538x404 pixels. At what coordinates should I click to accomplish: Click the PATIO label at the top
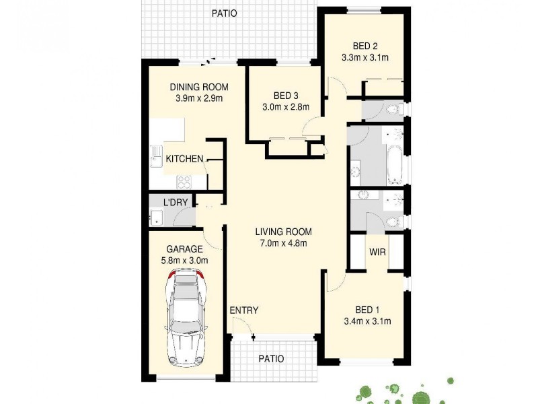[224, 13]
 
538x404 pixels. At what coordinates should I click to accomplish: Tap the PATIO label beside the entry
[272, 359]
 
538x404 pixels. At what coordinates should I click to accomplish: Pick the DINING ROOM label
[198, 87]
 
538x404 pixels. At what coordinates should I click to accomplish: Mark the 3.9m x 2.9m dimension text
[198, 98]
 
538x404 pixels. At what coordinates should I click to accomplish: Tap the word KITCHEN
[184, 159]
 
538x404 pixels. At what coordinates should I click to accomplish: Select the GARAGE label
[184, 249]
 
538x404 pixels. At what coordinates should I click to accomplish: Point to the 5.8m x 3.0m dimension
[184, 261]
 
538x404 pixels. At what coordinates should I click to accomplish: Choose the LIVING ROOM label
[283, 232]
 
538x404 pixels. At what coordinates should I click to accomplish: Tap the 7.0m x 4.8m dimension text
[283, 244]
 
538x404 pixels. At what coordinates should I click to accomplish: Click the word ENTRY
[243, 310]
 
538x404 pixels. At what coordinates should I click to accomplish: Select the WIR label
[377, 252]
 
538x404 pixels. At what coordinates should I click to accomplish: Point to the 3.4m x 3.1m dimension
[368, 321]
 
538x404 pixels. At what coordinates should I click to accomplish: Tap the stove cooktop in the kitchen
[184, 180]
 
